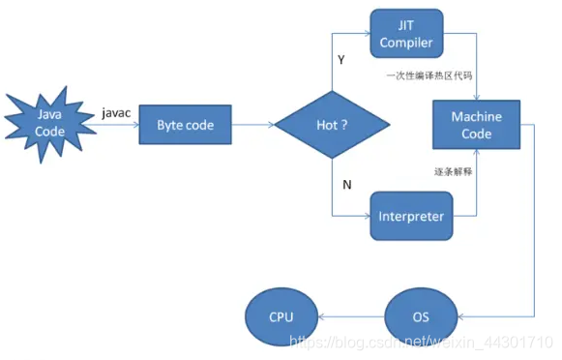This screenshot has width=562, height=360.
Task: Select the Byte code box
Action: coord(184,125)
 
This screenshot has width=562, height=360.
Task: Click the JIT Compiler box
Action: coord(407,34)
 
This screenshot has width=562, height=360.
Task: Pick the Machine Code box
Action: coord(476,125)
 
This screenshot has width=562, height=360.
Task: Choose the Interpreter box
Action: coord(410,216)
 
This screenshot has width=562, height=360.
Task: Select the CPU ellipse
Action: coord(281,316)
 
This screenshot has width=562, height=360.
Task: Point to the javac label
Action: coord(116,112)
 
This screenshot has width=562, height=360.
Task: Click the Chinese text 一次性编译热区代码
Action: coord(421,74)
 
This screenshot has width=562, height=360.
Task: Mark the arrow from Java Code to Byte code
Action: coord(114,125)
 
